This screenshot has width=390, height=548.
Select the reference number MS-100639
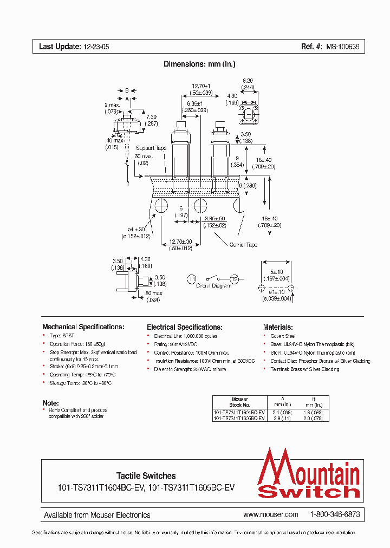coord(342,47)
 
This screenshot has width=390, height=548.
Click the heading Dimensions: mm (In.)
coord(199,64)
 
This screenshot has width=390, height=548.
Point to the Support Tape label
coord(151,148)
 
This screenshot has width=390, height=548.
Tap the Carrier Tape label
coord(243,245)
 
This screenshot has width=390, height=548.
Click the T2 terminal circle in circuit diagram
coord(234,279)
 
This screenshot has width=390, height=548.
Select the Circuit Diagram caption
coord(213,286)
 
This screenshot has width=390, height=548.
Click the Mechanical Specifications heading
coord(83,327)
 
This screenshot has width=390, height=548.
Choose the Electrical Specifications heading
coord(185,327)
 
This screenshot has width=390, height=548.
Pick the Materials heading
coord(278,327)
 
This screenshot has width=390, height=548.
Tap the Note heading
coord(50,403)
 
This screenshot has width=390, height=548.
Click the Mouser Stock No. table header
coord(239,402)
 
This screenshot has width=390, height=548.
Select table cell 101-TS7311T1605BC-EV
coord(239,419)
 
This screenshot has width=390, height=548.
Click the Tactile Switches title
coord(146,475)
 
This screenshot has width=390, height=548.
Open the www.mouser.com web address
coord(271,514)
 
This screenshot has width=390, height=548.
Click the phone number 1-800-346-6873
coord(335,514)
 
